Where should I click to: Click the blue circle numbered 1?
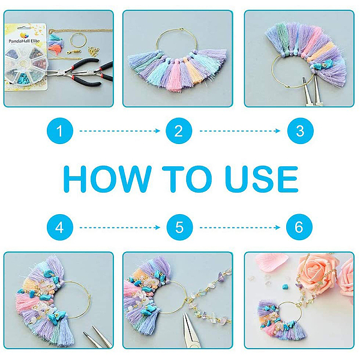pyautogui.click(x=60, y=131)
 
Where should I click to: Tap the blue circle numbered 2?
pyautogui.click(x=179, y=131)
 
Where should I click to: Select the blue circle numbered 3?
pyautogui.click(x=301, y=131)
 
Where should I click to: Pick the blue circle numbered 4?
pyautogui.click(x=60, y=227)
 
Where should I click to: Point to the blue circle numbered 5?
pyautogui.click(x=179, y=227)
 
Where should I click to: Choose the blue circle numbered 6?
pyautogui.click(x=299, y=227)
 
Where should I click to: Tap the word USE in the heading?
pyautogui.click(x=262, y=179)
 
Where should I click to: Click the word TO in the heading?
pyautogui.click(x=187, y=179)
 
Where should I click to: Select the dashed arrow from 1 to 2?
pyautogui.click(x=119, y=131)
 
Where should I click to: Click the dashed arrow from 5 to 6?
pyautogui.click(x=239, y=227)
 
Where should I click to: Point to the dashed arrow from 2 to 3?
pyautogui.click(x=239, y=131)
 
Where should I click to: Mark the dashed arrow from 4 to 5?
pyautogui.click(x=119, y=227)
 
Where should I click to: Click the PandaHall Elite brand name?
pyautogui.click(x=24, y=41)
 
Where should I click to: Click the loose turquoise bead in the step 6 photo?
pyautogui.click(x=286, y=287)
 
